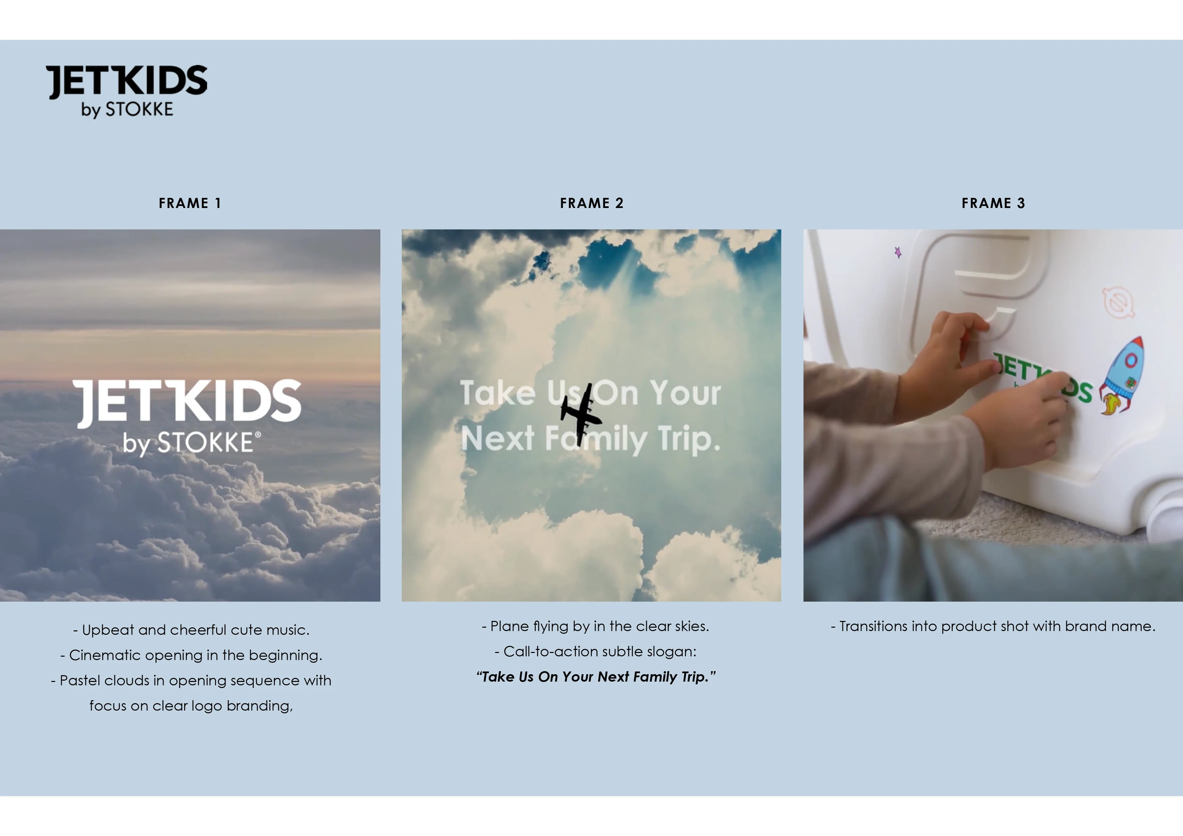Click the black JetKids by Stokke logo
(x=127, y=91)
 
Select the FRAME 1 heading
(x=190, y=203)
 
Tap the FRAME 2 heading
(x=591, y=203)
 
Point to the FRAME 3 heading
(x=993, y=203)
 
